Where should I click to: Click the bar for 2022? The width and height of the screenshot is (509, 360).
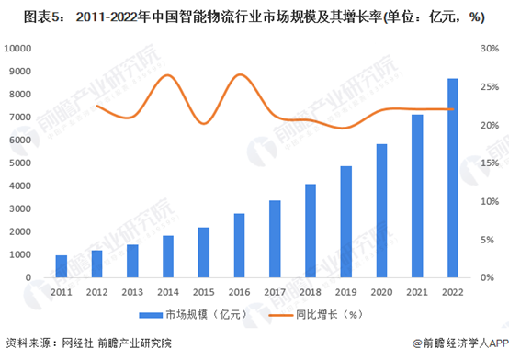pyautogui.click(x=453, y=178)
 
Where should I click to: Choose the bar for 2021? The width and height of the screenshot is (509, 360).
pyautogui.click(x=417, y=196)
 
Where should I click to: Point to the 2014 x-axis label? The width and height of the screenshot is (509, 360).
pyautogui.click(x=168, y=291)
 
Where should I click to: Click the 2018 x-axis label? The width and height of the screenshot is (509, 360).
pyautogui.click(x=311, y=291)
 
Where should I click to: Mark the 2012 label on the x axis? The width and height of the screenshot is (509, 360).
pyautogui.click(x=97, y=291)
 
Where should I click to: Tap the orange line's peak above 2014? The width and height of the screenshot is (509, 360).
pyautogui.click(x=167, y=75)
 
